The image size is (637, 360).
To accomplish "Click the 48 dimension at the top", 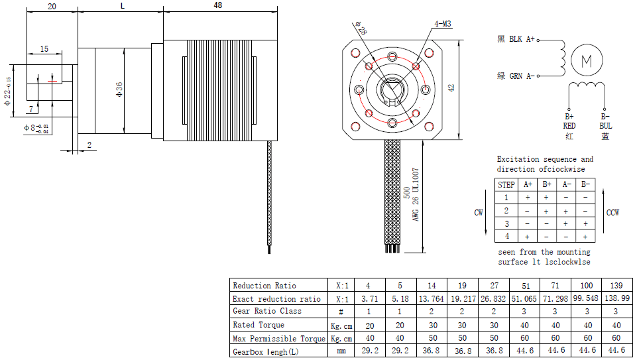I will point(218,5).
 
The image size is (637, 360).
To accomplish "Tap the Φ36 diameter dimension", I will point(119,90).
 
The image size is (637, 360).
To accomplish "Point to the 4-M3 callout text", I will point(442,24).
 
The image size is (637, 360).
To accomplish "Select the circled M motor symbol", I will point(586,61).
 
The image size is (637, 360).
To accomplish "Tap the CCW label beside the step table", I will point(613,213).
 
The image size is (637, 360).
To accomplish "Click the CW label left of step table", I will point(479,213).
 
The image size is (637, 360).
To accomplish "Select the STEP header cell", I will point(506,185).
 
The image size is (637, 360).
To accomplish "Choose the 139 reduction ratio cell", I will point(615,286).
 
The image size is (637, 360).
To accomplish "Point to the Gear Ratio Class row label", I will point(266,311).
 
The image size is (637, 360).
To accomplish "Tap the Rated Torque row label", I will point(259,325).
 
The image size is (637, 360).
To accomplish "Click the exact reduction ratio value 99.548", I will point(585,299).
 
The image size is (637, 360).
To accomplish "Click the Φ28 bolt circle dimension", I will point(361,30).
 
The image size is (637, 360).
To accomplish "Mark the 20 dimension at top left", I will point(52,6).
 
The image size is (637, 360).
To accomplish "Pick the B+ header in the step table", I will point(547,185).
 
